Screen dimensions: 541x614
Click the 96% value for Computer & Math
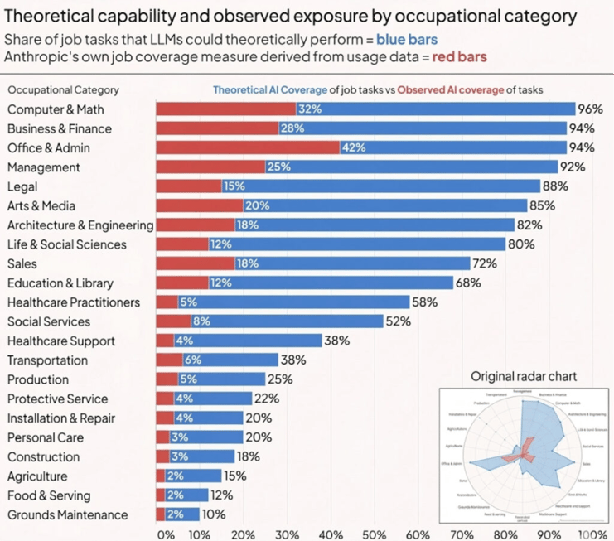click(589, 109)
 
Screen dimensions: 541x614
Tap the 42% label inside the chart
click(354, 148)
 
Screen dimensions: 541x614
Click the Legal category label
click(22, 186)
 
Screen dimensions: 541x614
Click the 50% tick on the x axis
click(375, 534)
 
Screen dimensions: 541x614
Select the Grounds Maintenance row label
click(68, 514)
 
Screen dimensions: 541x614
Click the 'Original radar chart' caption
click(524, 376)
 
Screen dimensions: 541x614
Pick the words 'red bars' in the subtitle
click(460, 56)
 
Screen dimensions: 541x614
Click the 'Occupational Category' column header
click(63, 90)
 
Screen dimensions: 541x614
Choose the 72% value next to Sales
click(484, 263)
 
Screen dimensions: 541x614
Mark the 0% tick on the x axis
click(165, 534)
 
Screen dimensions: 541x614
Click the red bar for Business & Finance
click(217, 128)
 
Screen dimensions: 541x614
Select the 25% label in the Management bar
click(278, 167)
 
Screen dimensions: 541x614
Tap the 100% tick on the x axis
click(592, 534)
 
